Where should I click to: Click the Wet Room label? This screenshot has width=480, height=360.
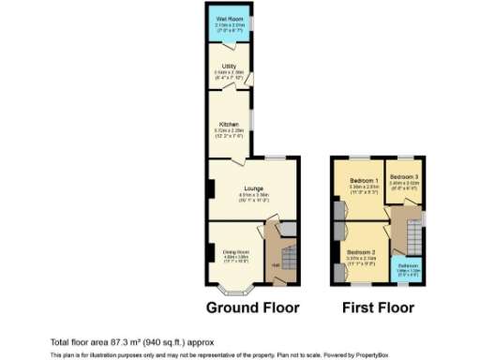(226, 19)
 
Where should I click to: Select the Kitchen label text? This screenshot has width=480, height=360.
(229, 124)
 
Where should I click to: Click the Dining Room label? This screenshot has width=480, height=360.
(234, 251)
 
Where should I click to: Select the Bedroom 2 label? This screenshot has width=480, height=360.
(361, 252)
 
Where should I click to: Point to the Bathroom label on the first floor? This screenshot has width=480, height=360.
(406, 264)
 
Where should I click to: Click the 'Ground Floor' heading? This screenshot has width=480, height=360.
(252, 307)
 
